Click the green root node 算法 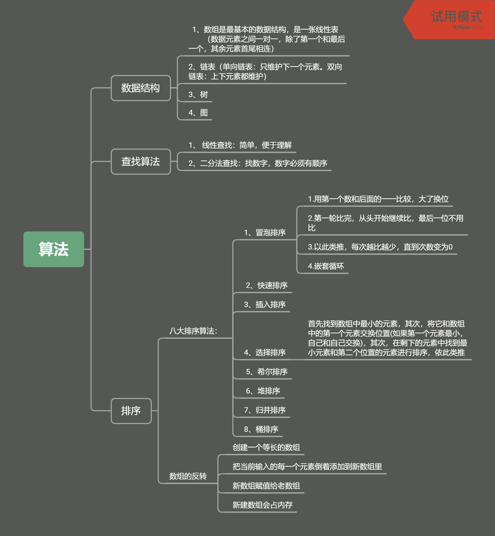pyautogui.click(x=54, y=249)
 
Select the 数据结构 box pyautogui.click(x=141, y=88)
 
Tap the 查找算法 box pyautogui.click(x=141, y=162)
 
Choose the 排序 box pyautogui.click(x=131, y=411)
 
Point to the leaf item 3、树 pyautogui.click(x=198, y=95)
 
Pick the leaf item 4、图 pyautogui.click(x=198, y=112)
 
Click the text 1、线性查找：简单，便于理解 pyautogui.click(x=240, y=145)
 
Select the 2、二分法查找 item pyautogui.click(x=258, y=163)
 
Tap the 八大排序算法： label pyautogui.click(x=193, y=331)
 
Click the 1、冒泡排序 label pyautogui.click(x=265, y=232)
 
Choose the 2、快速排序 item pyautogui.click(x=267, y=285)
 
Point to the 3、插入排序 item pyautogui.click(x=265, y=305)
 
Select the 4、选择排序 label pyautogui.click(x=265, y=353)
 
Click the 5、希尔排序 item pyautogui.click(x=267, y=372)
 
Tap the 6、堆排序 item pyautogui.click(x=263, y=391)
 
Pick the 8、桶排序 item pyautogui.click(x=261, y=429)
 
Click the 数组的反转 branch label pyautogui.click(x=188, y=476)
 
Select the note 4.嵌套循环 pyautogui.click(x=326, y=266)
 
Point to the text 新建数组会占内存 pyautogui.click(x=263, y=505)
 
